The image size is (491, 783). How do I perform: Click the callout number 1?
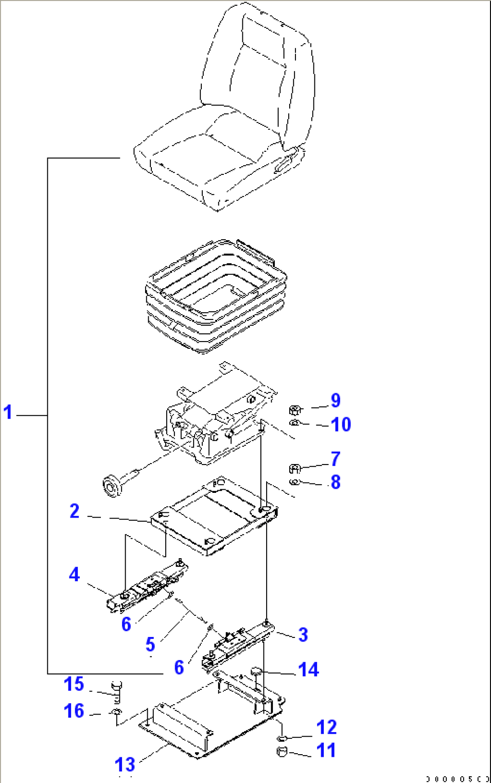pyautogui.click(x=8, y=412)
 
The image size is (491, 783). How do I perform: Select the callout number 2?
pyautogui.click(x=75, y=511)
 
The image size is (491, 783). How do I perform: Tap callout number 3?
pyautogui.click(x=303, y=635)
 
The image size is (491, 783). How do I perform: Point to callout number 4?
pyautogui.click(x=74, y=575)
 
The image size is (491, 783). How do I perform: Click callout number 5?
pyautogui.click(x=150, y=645)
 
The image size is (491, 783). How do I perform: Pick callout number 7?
pyautogui.click(x=336, y=459)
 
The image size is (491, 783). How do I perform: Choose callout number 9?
pyautogui.click(x=336, y=401)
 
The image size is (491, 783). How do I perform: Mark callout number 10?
pyautogui.click(x=341, y=424)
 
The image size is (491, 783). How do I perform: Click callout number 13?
pyautogui.click(x=125, y=765)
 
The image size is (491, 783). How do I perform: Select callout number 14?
pyautogui.click(x=309, y=670)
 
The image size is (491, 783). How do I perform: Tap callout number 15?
pyautogui.click(x=74, y=684)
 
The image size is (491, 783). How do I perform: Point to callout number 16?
pyautogui.click(x=74, y=711)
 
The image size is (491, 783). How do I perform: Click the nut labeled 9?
pyautogui.click(x=295, y=410)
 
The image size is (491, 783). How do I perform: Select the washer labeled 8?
pyautogui.click(x=295, y=483)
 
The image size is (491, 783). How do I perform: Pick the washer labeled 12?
pyautogui.click(x=282, y=738)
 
